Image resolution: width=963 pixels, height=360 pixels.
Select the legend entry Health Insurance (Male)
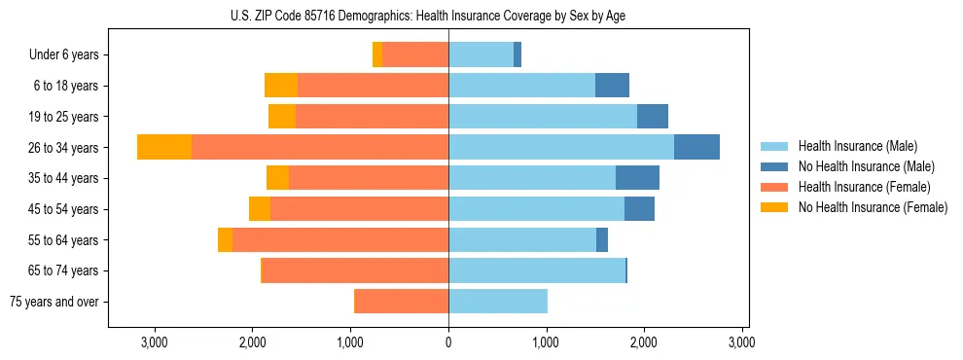852,146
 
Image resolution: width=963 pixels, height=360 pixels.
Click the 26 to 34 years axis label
65,148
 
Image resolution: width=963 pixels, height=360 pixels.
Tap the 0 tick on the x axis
448,342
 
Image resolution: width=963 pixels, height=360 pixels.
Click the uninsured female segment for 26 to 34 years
164,147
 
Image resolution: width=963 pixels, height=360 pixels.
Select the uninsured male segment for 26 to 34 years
696,147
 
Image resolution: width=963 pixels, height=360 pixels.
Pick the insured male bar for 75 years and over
498,302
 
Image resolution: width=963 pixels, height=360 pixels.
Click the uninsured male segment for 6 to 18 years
612,86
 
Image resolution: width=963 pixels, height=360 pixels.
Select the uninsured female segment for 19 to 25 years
282,117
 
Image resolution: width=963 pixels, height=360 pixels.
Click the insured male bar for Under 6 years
481,55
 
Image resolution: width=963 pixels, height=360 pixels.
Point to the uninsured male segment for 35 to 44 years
637,178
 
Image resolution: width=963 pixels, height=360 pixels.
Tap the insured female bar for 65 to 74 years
355,270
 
